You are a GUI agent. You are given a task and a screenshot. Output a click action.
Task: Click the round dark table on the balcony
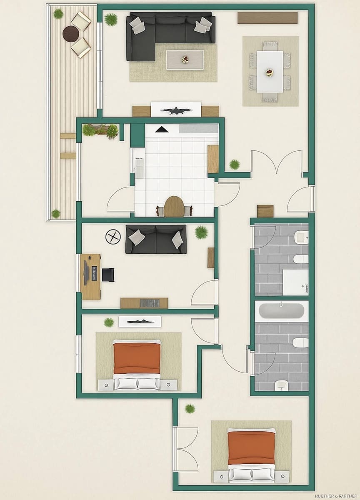point(71,33)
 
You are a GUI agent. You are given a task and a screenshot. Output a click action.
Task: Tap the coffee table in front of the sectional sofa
point(185,60)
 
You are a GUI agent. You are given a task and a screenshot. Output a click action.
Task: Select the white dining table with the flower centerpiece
point(270,71)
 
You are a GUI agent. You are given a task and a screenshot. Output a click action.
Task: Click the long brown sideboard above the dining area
point(267,17)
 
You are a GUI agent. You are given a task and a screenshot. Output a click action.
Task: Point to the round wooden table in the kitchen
point(174,206)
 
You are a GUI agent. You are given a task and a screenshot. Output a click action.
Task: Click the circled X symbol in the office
point(113,237)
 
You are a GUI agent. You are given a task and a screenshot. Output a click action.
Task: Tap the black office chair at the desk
point(107,275)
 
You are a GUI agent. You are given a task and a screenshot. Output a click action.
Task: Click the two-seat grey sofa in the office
point(156,239)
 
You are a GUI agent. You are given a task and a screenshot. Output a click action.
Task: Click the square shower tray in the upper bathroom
point(295,282)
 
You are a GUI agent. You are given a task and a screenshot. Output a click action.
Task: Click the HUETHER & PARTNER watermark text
point(336,496)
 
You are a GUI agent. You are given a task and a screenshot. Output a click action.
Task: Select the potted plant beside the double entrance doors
point(235,165)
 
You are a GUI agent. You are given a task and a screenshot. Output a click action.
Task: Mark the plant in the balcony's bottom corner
point(56,213)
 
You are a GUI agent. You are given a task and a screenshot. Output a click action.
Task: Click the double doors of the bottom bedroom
point(186,449)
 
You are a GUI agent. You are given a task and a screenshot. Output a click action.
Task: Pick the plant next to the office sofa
point(201,232)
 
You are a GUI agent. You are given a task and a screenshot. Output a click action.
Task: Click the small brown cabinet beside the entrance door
point(265,211)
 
